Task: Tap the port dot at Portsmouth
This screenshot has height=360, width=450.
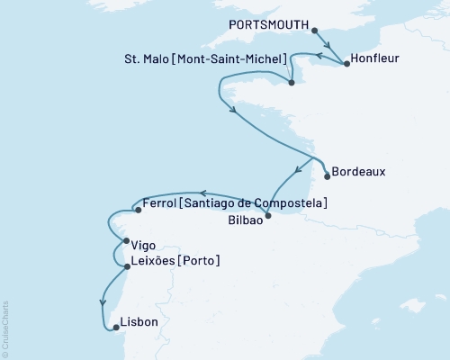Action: (x=315, y=30)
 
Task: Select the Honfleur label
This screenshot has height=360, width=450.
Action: (x=376, y=58)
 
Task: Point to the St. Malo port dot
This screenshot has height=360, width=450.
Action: (x=292, y=83)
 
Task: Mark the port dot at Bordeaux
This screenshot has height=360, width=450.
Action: (x=327, y=176)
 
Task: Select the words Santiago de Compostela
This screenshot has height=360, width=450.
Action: (x=255, y=204)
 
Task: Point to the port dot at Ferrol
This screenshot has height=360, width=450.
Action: (x=135, y=210)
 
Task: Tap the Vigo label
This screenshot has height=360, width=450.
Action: (x=144, y=244)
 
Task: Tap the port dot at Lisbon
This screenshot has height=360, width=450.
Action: (x=113, y=328)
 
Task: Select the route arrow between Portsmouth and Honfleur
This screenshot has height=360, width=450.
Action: (x=329, y=46)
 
